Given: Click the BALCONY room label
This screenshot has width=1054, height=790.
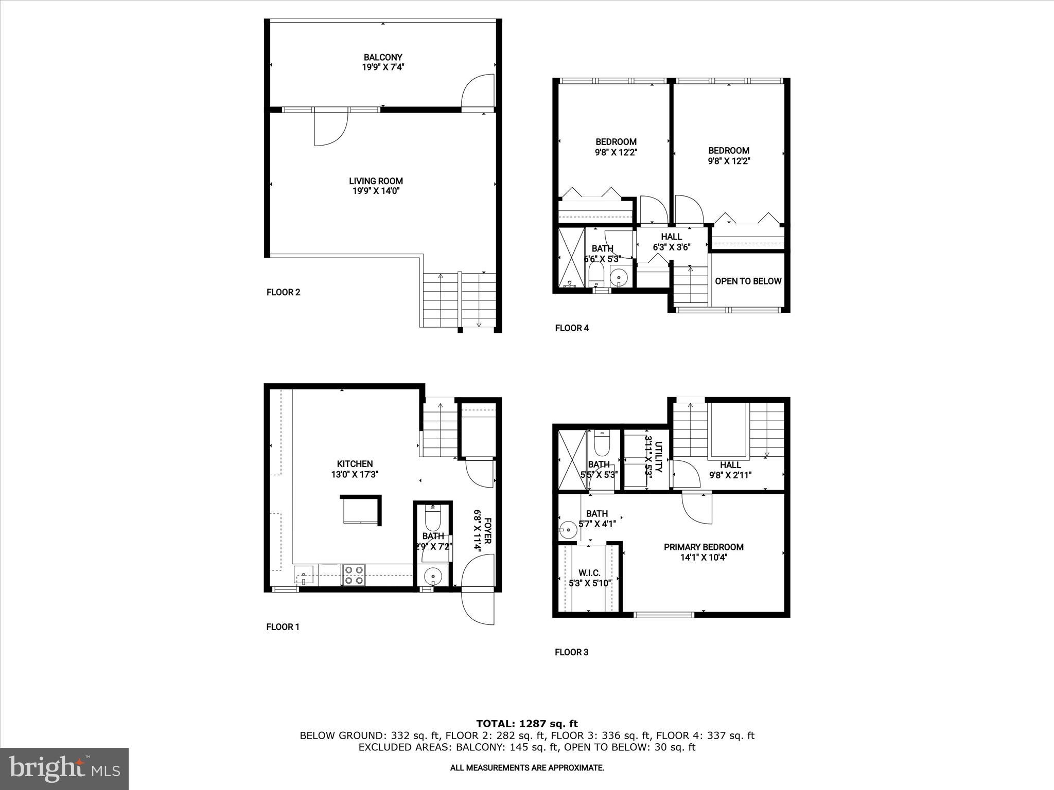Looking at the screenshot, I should (382, 57).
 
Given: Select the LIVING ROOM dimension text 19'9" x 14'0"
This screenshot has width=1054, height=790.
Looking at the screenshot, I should (376, 191).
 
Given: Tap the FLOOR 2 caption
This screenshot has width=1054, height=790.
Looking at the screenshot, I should (283, 293).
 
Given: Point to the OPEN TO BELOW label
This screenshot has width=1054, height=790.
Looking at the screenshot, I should (748, 281).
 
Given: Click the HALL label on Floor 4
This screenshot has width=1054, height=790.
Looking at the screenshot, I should (671, 237).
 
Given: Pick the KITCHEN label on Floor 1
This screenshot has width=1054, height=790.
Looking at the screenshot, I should (355, 464).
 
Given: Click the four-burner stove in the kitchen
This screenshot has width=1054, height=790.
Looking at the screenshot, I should (354, 574).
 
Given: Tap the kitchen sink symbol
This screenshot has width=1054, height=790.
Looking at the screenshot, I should (304, 575).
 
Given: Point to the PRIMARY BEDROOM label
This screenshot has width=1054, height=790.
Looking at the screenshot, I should (703, 547).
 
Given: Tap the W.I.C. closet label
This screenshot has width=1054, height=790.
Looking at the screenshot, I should (589, 573).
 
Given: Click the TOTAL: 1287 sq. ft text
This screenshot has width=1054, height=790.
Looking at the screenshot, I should (526, 724).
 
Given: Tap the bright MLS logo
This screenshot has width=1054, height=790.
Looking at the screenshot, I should (64, 768).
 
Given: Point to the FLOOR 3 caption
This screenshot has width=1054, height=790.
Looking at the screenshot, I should (571, 652).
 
